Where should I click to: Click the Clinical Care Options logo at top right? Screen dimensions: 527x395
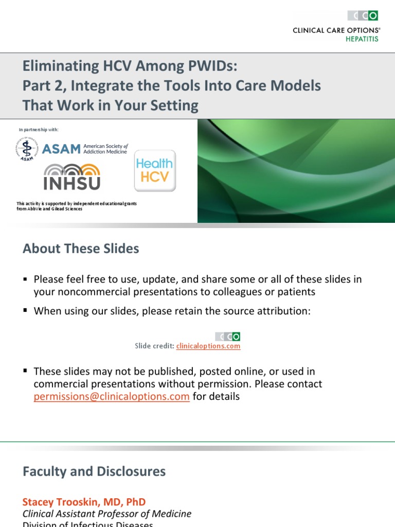[363, 16]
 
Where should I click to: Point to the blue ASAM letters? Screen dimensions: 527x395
[61, 149]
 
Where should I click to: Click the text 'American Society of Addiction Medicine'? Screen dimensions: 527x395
[105, 149]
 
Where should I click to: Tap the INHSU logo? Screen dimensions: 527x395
[72, 177]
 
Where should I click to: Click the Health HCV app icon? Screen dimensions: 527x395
[155, 170]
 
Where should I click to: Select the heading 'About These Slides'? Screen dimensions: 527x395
[81, 249]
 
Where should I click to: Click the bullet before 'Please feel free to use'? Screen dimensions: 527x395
[25, 279]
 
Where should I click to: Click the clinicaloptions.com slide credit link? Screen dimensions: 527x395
[208, 346]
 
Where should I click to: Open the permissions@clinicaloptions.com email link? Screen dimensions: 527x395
[112, 396]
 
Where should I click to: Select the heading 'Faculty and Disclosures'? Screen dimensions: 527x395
[94, 471]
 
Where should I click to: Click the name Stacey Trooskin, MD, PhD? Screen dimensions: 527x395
[84, 501]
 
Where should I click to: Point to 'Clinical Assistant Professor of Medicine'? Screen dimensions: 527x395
[107, 514]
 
